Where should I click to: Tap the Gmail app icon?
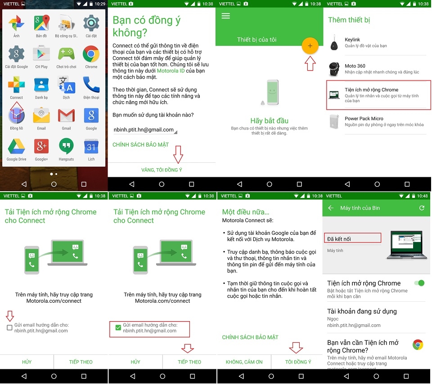(66, 116)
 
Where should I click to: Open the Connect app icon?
(16, 85)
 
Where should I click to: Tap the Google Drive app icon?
(16, 146)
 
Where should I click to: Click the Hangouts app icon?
(66, 146)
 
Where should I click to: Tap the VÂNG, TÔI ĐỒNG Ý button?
(162, 170)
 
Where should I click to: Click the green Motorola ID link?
(171, 71)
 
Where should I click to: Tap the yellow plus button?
(310, 46)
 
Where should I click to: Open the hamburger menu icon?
(225, 16)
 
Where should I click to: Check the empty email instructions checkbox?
(9, 328)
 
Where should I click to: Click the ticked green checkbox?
(118, 328)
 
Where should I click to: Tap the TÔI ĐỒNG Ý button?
(298, 362)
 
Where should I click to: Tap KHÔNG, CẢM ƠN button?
(244, 362)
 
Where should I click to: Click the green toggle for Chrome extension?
(419, 283)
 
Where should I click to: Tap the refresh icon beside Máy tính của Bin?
(422, 208)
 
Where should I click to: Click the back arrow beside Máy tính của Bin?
(331, 208)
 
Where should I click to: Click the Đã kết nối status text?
(339, 239)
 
